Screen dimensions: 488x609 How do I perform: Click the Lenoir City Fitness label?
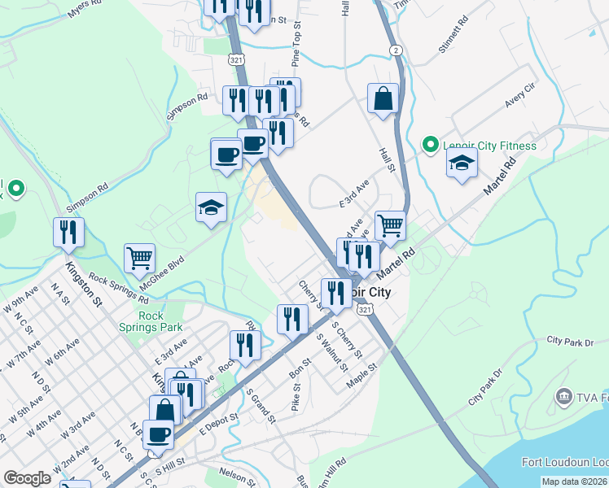tap(489, 146)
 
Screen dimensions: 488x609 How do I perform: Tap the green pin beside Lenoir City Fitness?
tap(431, 146)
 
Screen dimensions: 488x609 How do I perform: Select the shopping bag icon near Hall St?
tap(383, 100)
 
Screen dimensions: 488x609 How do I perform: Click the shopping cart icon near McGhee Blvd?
tap(139, 259)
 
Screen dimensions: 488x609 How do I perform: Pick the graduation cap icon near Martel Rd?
tap(462, 163)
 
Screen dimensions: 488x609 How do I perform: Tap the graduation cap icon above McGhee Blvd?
tap(211, 208)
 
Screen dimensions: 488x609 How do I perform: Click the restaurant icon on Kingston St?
tap(68, 233)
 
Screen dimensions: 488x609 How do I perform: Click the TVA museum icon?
tap(563, 396)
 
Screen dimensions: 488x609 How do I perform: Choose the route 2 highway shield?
tap(395, 50)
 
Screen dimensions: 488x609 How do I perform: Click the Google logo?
tap(27, 478)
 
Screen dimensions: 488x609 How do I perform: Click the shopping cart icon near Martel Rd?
tap(390, 224)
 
